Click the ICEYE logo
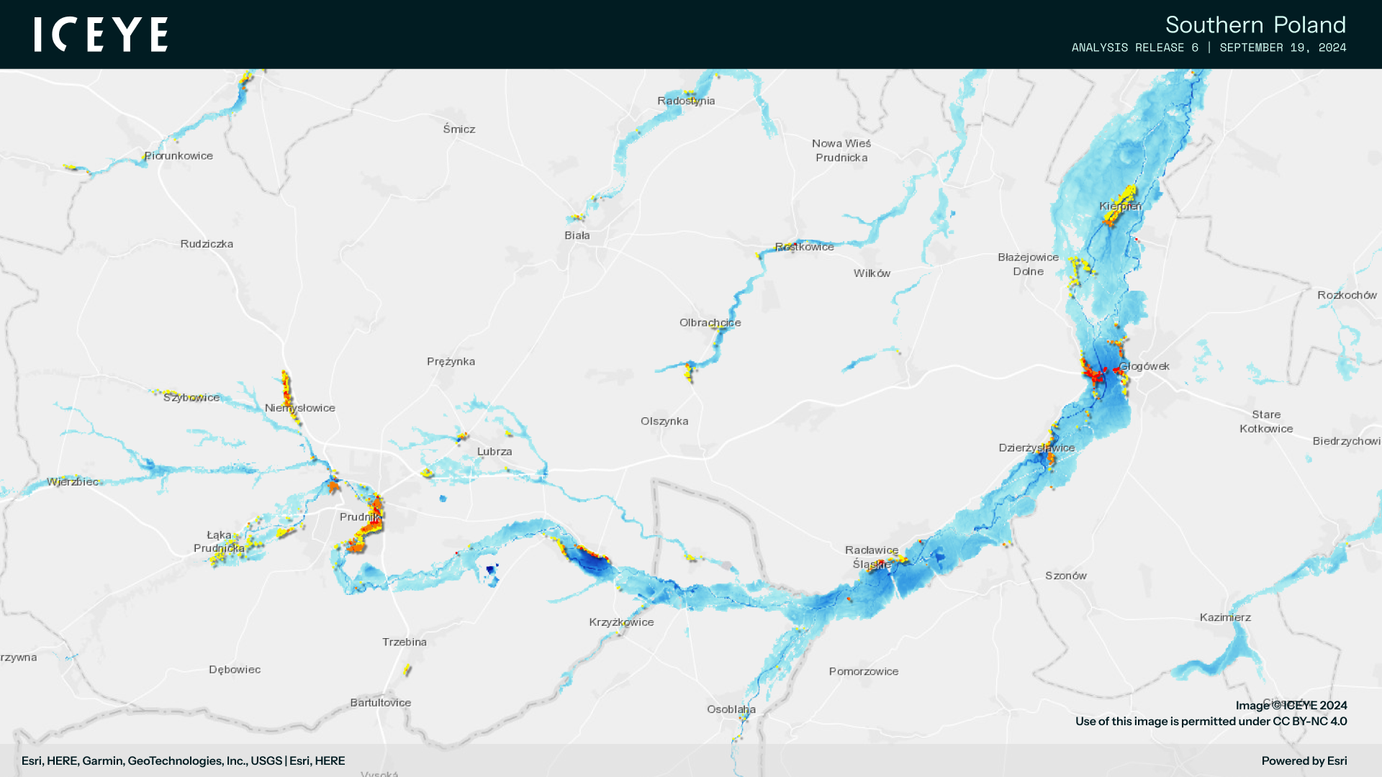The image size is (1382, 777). click(x=101, y=35)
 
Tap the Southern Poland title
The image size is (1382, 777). click(x=1255, y=24)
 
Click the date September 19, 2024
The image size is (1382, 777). click(x=1283, y=47)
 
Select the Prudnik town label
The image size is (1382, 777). click(x=359, y=517)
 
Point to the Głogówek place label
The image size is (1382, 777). click(x=1144, y=366)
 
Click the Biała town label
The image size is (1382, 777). click(x=577, y=235)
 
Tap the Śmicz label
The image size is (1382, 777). click(x=459, y=129)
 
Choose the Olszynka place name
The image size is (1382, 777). click(x=664, y=421)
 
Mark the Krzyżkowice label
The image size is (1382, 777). click(x=621, y=622)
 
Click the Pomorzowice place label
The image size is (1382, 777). click(x=864, y=671)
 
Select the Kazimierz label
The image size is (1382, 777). click(x=1225, y=617)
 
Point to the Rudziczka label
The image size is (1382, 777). click(x=207, y=244)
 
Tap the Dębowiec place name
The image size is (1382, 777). click(x=235, y=670)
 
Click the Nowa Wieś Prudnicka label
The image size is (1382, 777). click(x=841, y=150)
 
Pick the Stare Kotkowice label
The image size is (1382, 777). click(x=1266, y=422)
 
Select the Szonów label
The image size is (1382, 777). click(x=1066, y=576)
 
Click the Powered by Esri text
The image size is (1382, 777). click(x=1304, y=761)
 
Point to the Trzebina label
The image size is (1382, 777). click(x=405, y=642)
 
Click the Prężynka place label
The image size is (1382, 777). click(x=451, y=361)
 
